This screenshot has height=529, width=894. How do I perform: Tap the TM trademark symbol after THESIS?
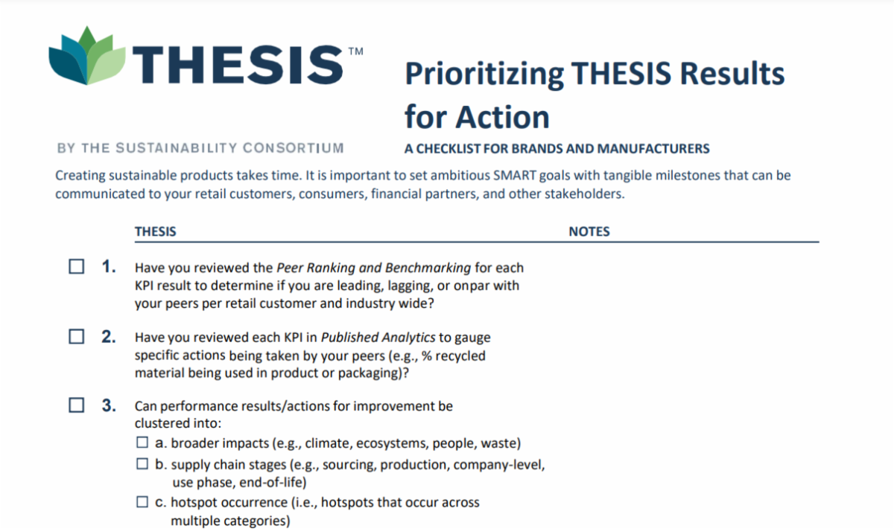[x=355, y=52]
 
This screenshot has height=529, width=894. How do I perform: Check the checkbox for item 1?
[x=77, y=267]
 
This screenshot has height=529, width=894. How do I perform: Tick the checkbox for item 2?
[x=77, y=337]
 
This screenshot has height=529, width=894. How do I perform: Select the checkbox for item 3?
[x=77, y=406]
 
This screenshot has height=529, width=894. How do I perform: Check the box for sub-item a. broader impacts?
[x=142, y=443]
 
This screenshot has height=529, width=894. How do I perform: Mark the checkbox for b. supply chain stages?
[x=142, y=464]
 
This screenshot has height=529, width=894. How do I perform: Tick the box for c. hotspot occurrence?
[x=142, y=502]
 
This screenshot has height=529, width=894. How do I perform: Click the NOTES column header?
[x=589, y=232]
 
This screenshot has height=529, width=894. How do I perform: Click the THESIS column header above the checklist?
[x=155, y=232]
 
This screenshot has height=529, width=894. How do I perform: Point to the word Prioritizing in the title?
[x=484, y=74]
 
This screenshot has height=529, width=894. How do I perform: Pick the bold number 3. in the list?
[x=109, y=406]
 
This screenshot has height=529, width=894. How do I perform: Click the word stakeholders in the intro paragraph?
[x=585, y=194]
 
